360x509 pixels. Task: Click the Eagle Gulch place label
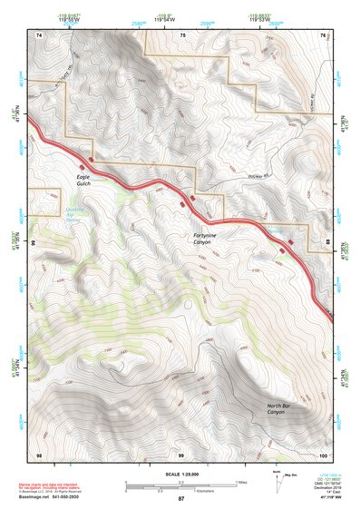(x=83, y=180)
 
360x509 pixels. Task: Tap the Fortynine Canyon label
(x=207, y=239)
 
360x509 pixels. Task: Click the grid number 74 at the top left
(x=38, y=34)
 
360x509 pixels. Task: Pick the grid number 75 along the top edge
(x=182, y=34)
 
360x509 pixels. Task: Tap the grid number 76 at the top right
(x=323, y=34)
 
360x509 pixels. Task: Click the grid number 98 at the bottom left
(x=38, y=453)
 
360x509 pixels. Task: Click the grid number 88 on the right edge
(x=327, y=243)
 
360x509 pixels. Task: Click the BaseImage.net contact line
(x=55, y=497)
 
